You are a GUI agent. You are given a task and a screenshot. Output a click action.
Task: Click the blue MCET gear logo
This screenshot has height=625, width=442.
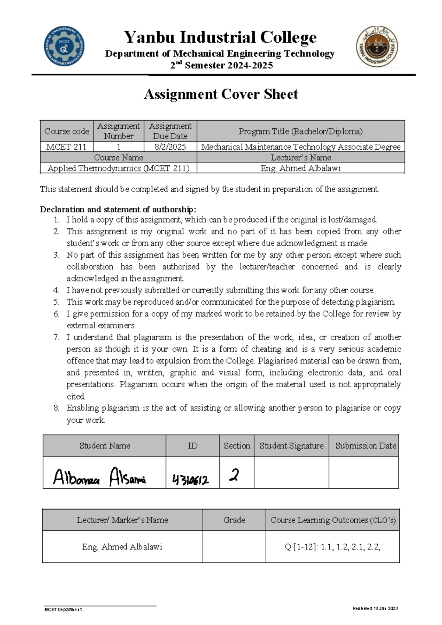(64, 46)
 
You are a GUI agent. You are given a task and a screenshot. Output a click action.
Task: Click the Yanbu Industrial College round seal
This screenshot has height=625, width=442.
(377, 46)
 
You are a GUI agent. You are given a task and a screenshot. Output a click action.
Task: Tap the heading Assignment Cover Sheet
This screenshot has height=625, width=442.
(221, 94)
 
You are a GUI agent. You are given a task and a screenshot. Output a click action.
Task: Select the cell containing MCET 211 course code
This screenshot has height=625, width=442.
(66, 147)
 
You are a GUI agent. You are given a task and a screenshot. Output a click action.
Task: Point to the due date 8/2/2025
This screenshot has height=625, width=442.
(170, 147)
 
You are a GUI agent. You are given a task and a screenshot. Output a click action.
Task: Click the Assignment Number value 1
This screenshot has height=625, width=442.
(118, 147)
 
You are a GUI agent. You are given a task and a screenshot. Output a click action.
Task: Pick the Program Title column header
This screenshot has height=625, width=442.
(301, 131)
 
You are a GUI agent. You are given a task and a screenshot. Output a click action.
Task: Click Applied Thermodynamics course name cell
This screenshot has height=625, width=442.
(118, 168)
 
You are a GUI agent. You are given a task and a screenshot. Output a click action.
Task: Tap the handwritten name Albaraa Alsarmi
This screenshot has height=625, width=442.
(99, 477)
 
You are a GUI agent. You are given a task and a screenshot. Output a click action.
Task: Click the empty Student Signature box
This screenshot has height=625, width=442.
(291, 472)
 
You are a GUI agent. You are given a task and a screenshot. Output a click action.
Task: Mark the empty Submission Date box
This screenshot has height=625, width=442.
(364, 472)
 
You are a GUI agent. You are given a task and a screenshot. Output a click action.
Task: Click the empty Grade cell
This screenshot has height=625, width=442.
(234, 547)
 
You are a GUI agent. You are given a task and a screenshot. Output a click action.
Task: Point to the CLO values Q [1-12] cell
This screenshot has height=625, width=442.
(332, 547)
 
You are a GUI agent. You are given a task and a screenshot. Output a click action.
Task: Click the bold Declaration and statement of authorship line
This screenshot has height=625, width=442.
(118, 209)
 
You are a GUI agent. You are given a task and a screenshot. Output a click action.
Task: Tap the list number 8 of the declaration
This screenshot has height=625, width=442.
(56, 408)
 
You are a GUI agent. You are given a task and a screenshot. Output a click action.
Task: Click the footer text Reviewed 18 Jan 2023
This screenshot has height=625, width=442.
(375, 608)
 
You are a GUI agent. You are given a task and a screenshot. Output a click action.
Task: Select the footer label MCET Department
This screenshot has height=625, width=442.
(63, 610)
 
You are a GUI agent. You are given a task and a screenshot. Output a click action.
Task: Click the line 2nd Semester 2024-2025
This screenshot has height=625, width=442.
(221, 66)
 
